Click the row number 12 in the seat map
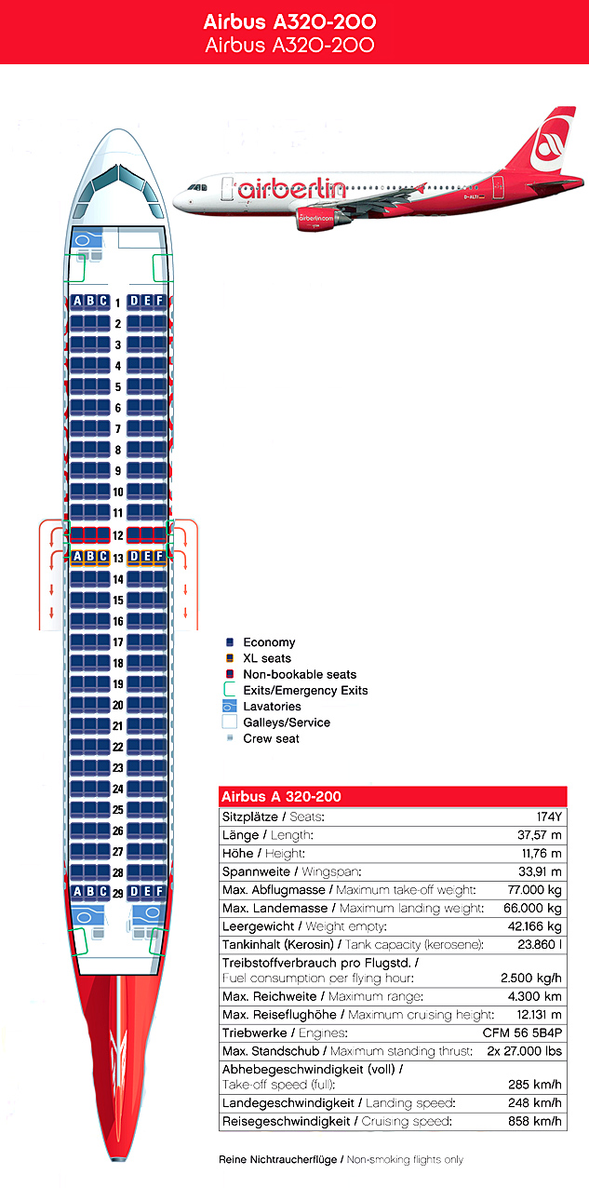pyautogui.click(x=118, y=535)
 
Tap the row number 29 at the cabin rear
pyautogui.click(x=118, y=892)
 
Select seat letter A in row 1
pyautogui.click(x=77, y=301)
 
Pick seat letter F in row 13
pyautogui.click(x=159, y=557)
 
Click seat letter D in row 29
pyautogui.click(x=134, y=892)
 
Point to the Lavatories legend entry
pyautogui.click(x=272, y=707)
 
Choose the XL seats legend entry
pyautogui.click(x=267, y=658)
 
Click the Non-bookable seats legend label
pyautogui.click(x=299, y=674)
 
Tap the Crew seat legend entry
pyautogui.click(x=271, y=738)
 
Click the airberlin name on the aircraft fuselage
pyautogui.click(x=290, y=188)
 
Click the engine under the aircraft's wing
pyautogui.click(x=316, y=221)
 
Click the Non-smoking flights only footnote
pyautogui.click(x=405, y=1159)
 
